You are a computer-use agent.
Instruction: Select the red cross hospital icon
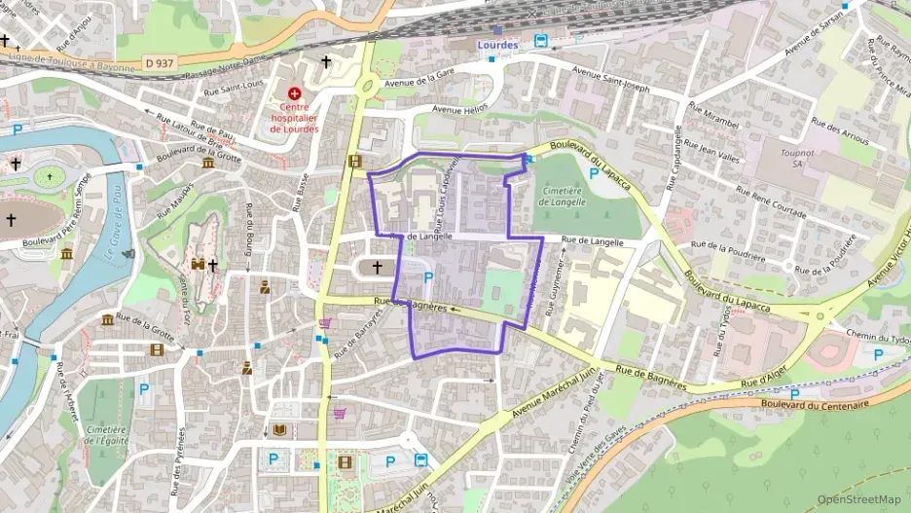(294, 93)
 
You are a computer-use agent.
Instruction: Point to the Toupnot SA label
(797, 159)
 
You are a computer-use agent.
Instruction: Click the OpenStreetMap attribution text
(859, 499)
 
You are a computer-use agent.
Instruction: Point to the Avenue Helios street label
(459, 110)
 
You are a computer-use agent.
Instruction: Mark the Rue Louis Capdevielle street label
(447, 194)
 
